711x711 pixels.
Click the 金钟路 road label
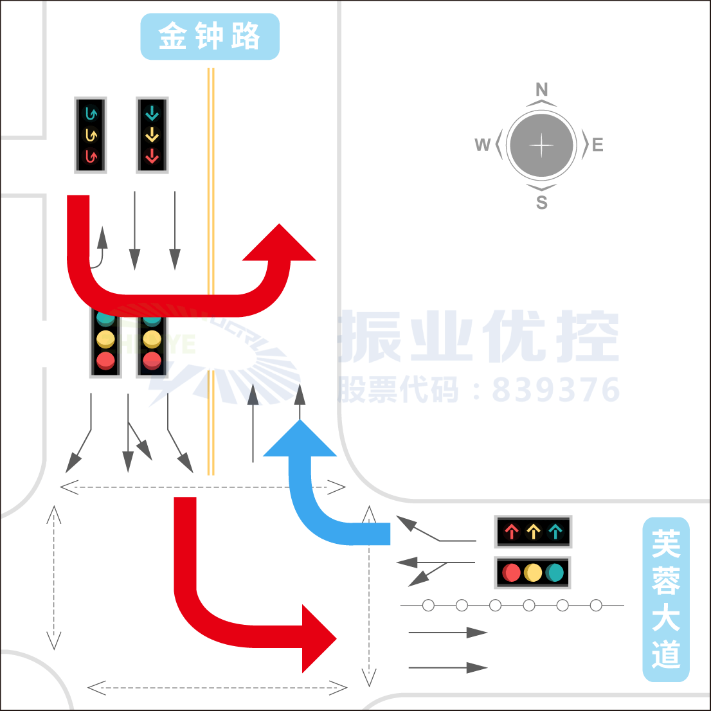210,37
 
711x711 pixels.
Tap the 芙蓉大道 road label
666,599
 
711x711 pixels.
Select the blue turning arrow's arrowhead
300,440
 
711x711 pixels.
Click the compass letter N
542,89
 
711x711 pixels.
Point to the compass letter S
542,203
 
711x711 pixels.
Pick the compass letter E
598,145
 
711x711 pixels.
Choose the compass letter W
482,145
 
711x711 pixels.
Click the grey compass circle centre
541,145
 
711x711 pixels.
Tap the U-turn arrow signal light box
91,136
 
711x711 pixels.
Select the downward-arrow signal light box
152,136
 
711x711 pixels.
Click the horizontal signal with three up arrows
533,532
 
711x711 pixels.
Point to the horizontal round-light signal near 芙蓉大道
533,572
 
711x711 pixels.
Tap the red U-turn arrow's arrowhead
280,244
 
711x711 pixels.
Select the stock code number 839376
556,390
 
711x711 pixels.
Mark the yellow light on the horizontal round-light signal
533,572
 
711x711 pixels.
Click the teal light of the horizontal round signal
555,572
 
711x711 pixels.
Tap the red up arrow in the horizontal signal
512,532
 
